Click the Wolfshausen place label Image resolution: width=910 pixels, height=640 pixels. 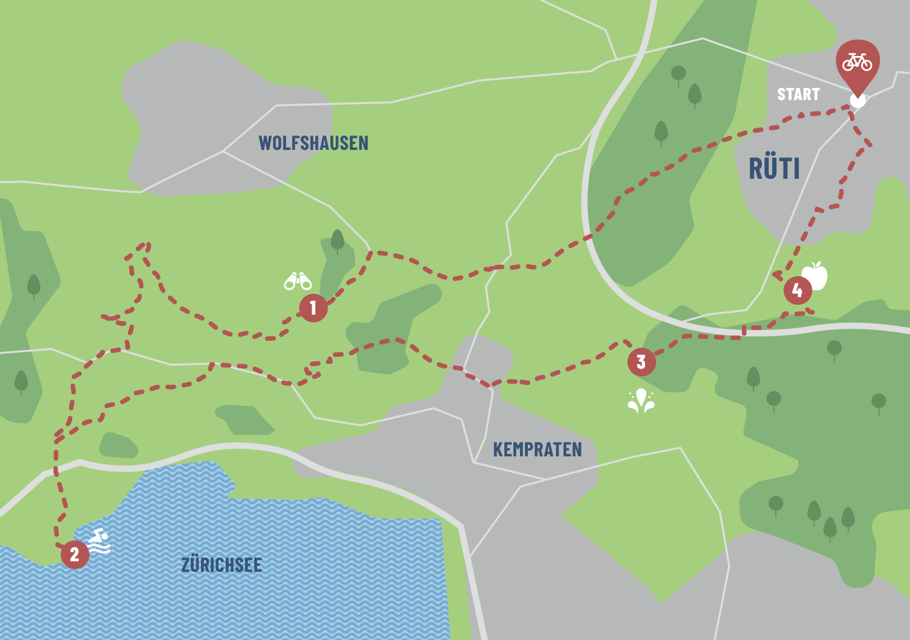click(313, 143)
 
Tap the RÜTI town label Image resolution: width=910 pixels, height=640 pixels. click(774, 169)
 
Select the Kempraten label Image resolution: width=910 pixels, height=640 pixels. click(537, 450)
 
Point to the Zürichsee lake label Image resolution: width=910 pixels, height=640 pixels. click(221, 565)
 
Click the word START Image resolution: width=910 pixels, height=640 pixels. click(798, 95)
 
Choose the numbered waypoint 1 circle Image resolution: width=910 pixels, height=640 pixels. click(313, 308)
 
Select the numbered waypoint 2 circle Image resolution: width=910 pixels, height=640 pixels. click(75, 554)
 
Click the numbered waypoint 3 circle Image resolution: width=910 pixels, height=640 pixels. click(641, 362)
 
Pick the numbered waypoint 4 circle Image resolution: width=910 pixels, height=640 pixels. click(797, 291)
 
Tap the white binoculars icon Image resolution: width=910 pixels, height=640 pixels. click(298, 281)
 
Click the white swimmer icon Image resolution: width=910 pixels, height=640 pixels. click(99, 541)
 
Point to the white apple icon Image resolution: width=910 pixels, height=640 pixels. click(816, 276)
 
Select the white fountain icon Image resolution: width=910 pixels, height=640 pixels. click(641, 401)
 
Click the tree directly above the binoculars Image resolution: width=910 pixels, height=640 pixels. click(337, 240)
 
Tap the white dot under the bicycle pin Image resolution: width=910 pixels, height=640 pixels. click(857, 101)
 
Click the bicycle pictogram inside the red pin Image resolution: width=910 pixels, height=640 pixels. click(858, 61)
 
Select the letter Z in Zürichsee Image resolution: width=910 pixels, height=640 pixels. click(186, 565)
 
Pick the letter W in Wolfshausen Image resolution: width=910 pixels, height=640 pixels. click(265, 143)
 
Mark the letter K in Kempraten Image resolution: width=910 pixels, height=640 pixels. click(498, 450)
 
